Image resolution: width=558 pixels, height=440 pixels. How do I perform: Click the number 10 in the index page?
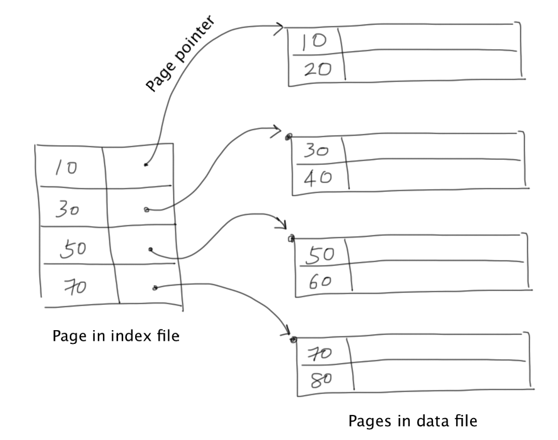tap(66, 168)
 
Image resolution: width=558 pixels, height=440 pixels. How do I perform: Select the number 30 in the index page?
tap(67, 208)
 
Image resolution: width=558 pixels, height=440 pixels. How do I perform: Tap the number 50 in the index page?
tap(73, 249)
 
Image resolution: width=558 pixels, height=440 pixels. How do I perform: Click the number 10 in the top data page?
tap(314, 41)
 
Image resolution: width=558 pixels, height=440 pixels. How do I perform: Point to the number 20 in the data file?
tap(318, 69)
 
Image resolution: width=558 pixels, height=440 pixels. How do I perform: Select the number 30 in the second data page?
tap(316, 151)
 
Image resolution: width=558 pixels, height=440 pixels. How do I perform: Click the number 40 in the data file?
tap(318, 177)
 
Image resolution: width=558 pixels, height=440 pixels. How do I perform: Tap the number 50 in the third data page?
tap(320, 255)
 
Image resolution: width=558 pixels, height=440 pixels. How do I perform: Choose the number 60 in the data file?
tap(320, 282)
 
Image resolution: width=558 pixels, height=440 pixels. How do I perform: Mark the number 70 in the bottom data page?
tap(320, 354)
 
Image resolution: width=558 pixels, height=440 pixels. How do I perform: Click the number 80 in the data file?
tap(321, 380)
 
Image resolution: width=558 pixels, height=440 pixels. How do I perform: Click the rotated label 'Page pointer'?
tap(181, 53)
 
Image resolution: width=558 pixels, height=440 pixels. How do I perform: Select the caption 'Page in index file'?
tap(116, 336)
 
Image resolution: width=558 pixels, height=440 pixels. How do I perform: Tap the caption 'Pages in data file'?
tap(413, 421)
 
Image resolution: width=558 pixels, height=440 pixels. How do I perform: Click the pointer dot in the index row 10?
tap(146, 164)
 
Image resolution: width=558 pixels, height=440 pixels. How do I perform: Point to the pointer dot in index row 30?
tap(146, 210)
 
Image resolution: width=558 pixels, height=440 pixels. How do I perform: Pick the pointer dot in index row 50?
tap(151, 249)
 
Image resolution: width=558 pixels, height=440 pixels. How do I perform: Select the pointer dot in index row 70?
tap(155, 287)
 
